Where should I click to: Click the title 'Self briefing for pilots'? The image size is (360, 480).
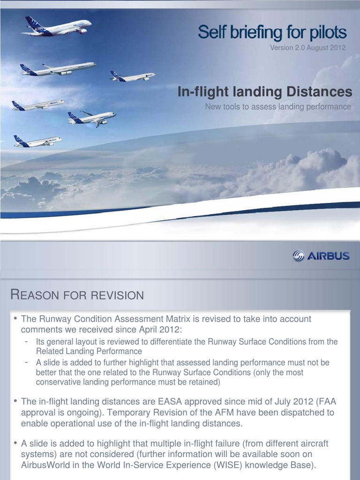point(272,33)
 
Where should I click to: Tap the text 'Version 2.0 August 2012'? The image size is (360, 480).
point(307,47)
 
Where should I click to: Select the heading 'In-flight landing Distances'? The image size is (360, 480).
point(264,92)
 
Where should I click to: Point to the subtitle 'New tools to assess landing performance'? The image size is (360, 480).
point(278,106)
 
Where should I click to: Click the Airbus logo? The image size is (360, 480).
point(321,256)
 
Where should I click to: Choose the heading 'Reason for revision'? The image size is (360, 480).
point(77,295)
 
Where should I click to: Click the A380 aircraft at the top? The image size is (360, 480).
point(56,27)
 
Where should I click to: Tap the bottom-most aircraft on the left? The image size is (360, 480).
point(37,141)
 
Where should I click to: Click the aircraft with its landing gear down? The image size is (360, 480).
point(91,118)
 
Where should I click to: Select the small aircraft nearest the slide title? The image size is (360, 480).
point(132,76)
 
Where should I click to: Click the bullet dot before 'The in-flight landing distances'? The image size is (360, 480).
point(15,401)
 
